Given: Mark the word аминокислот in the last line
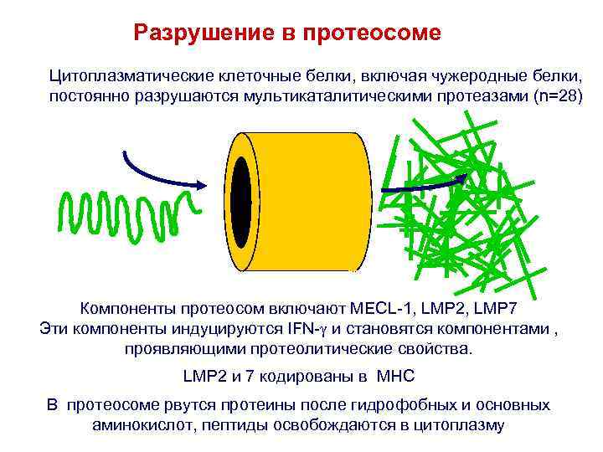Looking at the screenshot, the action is point(134,425).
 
